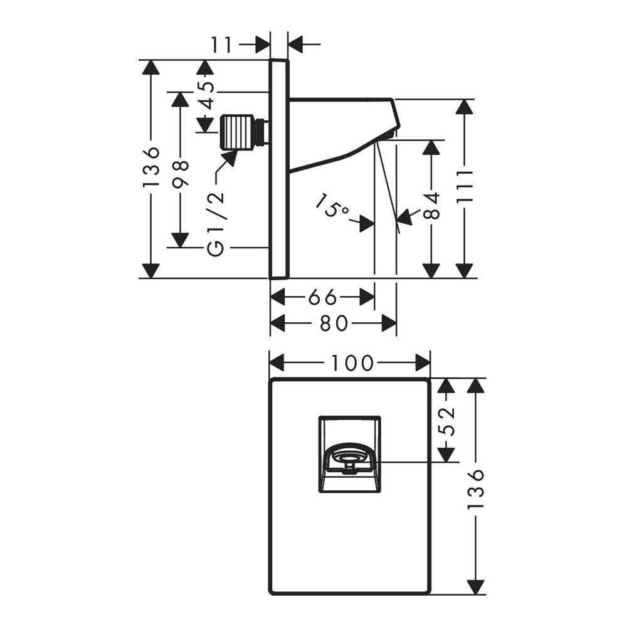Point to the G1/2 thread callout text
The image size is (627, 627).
click(x=216, y=223)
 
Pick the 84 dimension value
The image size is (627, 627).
click(x=431, y=205)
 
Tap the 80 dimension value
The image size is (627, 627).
click(x=333, y=323)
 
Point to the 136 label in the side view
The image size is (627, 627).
click(x=150, y=167)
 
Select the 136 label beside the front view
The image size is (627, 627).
click(x=477, y=487)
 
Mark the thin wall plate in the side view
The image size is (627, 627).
click(x=279, y=169)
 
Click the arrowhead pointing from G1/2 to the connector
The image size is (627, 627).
click(x=230, y=157)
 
